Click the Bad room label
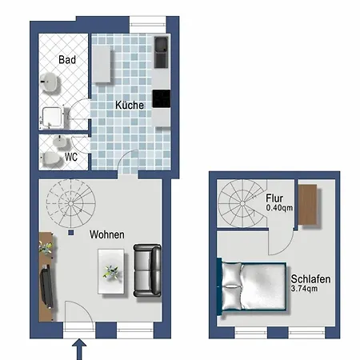click(67, 59)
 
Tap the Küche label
click(130, 105)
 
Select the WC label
click(71, 157)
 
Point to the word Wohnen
click(107, 234)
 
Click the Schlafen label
click(310, 279)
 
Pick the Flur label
click(274, 198)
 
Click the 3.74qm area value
click(304, 289)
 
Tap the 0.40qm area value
click(279, 208)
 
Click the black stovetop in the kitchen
click(162, 98)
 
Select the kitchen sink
click(161, 52)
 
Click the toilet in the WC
click(50, 158)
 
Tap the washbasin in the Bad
click(50, 82)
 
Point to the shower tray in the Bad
click(53, 118)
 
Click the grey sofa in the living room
click(147, 270)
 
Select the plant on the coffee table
click(111, 272)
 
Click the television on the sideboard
click(47, 287)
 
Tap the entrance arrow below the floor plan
click(79, 349)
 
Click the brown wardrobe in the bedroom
click(307, 205)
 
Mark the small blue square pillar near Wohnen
click(70, 233)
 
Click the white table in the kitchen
click(102, 64)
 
